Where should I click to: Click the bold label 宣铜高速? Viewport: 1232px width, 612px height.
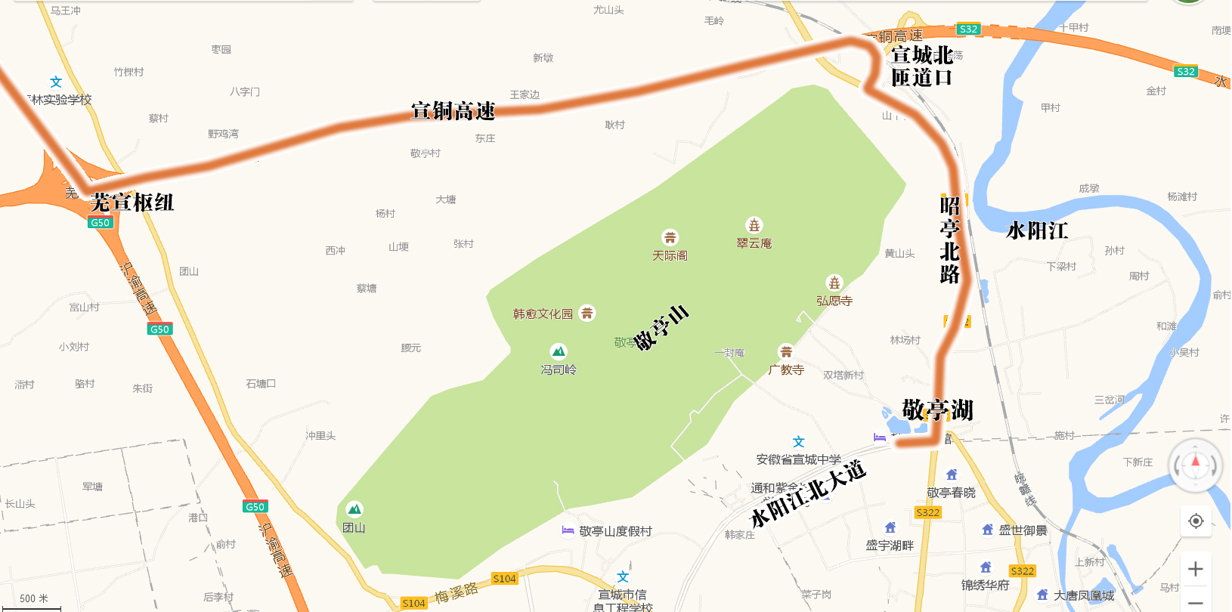[x=453, y=111]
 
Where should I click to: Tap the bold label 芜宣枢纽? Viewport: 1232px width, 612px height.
[x=132, y=202]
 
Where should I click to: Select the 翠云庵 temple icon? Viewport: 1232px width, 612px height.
[x=754, y=225]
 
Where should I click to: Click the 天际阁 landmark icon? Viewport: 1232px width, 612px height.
[x=670, y=237]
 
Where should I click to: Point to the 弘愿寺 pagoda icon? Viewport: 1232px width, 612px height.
[x=834, y=283]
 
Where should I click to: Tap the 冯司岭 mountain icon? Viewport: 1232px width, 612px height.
[x=559, y=351]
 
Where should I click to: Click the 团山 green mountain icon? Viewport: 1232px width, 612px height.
[x=354, y=509]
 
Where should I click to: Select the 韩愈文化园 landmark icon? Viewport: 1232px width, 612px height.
[x=587, y=313]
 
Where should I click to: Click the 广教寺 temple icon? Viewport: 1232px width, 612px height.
[x=786, y=351]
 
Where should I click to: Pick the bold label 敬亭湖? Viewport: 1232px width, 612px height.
[x=937, y=410]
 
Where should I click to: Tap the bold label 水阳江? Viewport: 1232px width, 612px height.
[x=1037, y=230]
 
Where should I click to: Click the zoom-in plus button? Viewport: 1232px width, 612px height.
[x=1196, y=569]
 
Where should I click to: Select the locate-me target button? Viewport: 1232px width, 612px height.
[x=1196, y=521]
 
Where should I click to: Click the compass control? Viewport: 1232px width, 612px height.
[x=1195, y=465]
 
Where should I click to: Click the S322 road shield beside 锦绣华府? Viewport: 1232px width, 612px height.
[x=1022, y=571]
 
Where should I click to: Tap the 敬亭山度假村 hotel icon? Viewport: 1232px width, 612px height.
[x=568, y=530]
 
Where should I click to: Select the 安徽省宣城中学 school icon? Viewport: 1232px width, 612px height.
[x=799, y=442]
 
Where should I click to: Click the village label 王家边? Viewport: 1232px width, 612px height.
[x=525, y=94]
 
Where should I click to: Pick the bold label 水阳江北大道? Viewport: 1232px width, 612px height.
[x=807, y=495]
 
